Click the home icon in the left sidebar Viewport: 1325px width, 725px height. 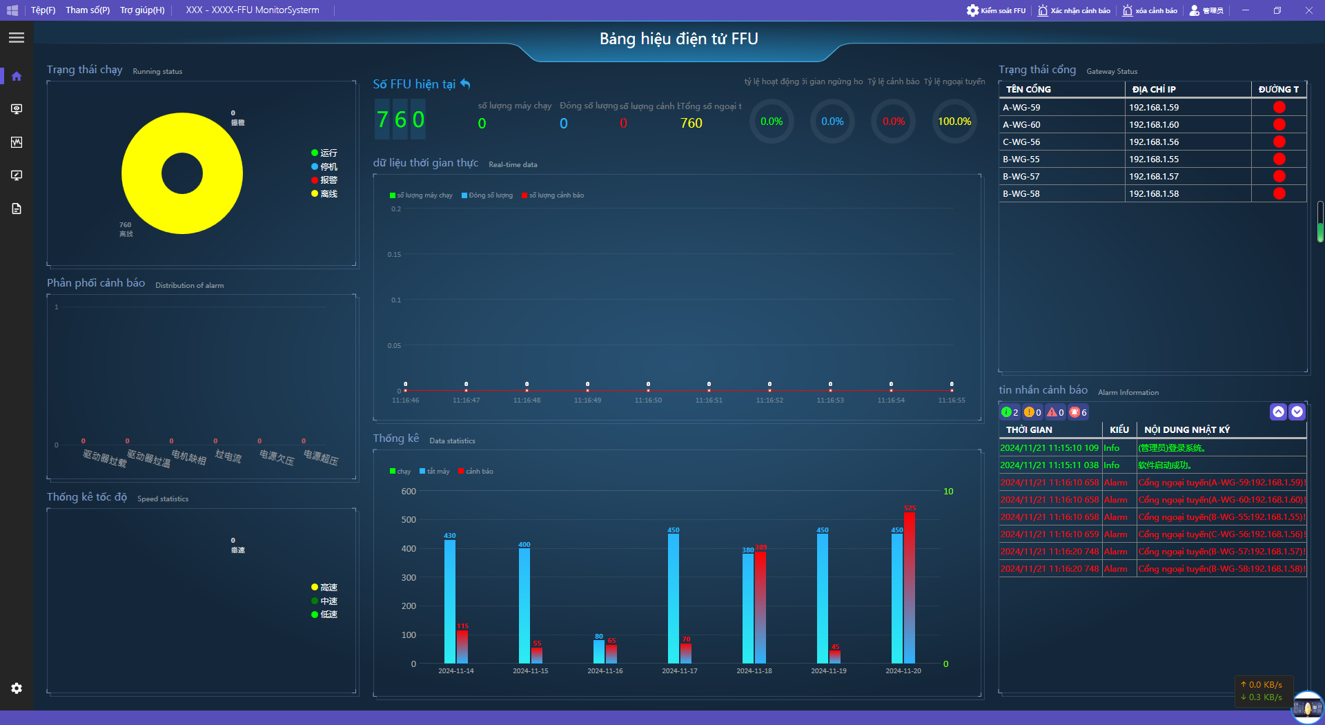tap(17, 76)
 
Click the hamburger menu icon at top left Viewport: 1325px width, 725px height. tap(17, 38)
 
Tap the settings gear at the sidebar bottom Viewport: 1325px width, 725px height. tap(17, 688)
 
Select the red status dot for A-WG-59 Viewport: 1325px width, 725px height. tap(1279, 107)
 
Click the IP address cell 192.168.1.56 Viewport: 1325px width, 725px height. tap(1154, 142)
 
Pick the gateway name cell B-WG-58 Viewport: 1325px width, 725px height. tap(1021, 194)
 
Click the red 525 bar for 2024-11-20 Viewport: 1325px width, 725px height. tap(910, 587)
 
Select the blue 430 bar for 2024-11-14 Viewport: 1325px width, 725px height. tap(450, 601)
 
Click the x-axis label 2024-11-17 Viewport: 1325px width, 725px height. tap(680, 671)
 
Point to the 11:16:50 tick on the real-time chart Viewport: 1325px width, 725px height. tap(648, 400)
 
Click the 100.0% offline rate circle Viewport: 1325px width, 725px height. tap(954, 122)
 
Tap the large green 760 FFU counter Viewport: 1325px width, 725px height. tap(400, 120)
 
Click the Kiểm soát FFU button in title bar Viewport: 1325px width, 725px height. tap(996, 10)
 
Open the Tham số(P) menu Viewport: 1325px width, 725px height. tap(88, 10)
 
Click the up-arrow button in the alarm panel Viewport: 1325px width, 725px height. tap(1278, 412)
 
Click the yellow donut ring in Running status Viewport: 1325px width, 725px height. tap(138, 173)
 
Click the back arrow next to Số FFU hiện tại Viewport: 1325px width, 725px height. tap(466, 84)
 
